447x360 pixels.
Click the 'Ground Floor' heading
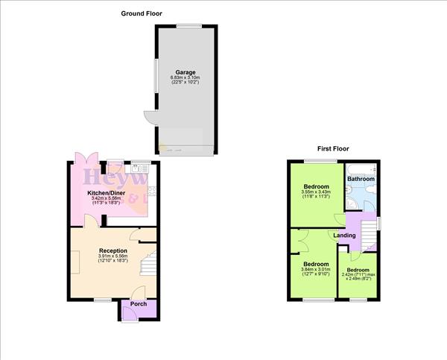pos(142,13)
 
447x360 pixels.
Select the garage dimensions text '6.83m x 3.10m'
pos(186,78)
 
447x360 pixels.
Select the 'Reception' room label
pos(112,250)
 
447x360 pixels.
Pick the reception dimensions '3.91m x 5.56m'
pos(113,257)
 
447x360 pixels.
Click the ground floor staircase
pos(149,265)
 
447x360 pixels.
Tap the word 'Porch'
pos(139,304)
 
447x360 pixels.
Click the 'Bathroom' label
pos(361,179)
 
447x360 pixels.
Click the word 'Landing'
pos(344,236)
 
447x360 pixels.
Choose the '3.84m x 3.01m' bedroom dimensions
pos(316,270)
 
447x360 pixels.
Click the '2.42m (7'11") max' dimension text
pos(358,274)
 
